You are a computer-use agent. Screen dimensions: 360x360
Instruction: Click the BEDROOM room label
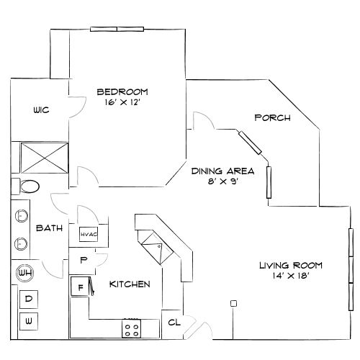coord(122,91)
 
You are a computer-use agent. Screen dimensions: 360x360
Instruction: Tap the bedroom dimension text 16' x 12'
coord(122,102)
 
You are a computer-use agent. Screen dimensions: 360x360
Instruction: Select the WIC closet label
coord(40,110)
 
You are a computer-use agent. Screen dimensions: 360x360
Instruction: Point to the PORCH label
coord(273,118)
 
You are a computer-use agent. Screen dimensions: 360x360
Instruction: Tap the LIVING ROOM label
coord(291,266)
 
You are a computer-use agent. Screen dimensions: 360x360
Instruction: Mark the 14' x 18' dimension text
coord(291,276)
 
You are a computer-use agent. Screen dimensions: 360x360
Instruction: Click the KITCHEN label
coord(130,284)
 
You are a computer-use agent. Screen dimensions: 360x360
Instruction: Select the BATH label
coord(50,228)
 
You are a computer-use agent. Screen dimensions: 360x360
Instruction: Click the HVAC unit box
coord(88,233)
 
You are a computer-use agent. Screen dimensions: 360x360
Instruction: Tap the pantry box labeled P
coord(84,259)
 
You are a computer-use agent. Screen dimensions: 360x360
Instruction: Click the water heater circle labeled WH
coord(24,274)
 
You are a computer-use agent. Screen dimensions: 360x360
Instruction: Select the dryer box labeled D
coord(29,298)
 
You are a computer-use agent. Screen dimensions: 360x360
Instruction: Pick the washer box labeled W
coord(29,318)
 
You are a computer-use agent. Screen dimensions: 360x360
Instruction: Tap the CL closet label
coord(174,323)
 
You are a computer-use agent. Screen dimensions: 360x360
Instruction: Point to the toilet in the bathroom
coord(29,186)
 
